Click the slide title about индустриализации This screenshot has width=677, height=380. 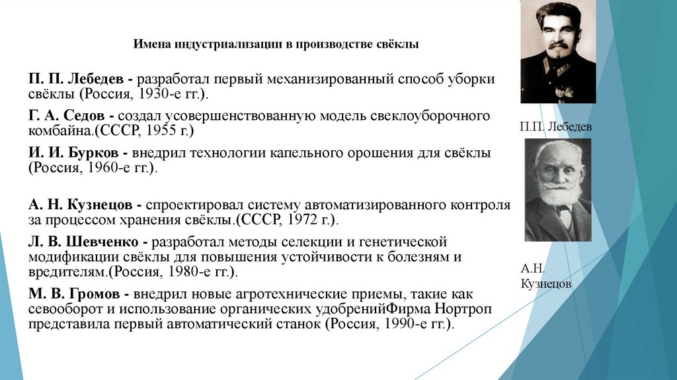click(x=276, y=45)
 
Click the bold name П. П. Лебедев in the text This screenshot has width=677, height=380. click(x=78, y=79)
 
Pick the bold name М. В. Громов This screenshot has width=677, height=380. click(x=76, y=293)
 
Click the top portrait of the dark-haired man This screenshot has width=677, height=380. click(x=558, y=52)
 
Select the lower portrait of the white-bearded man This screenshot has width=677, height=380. click(x=557, y=190)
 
